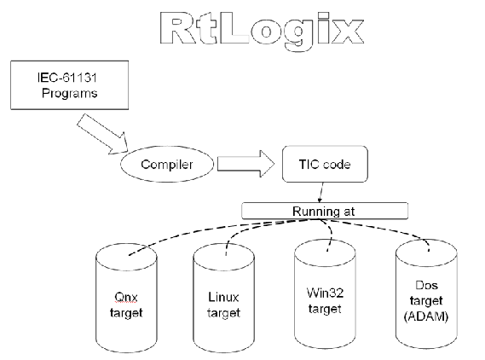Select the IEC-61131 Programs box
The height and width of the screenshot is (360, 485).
pyautogui.click(x=70, y=85)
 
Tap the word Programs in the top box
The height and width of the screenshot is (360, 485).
pyautogui.click(x=70, y=93)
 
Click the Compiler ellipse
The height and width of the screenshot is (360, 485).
pyautogui.click(x=167, y=164)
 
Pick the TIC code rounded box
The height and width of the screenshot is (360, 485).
pyautogui.click(x=325, y=164)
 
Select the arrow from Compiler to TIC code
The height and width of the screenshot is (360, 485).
pyautogui.click(x=245, y=164)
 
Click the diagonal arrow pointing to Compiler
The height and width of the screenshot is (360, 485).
pyautogui.click(x=102, y=134)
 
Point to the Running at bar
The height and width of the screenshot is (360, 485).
pyautogui.click(x=325, y=211)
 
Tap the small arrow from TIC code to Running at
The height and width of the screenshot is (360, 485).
pyautogui.click(x=321, y=193)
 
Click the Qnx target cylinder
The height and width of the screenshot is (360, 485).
pyautogui.click(x=126, y=298)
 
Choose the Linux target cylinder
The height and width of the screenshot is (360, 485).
pyautogui.click(x=223, y=298)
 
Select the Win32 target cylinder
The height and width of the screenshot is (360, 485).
pyautogui.click(x=325, y=294)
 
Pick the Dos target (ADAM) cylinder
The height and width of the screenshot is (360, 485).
pyautogui.click(x=426, y=294)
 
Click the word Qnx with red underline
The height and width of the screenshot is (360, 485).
pyautogui.click(x=126, y=297)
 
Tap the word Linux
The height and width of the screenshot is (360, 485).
pyautogui.click(x=223, y=297)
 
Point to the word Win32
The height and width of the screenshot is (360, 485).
pyautogui.click(x=325, y=293)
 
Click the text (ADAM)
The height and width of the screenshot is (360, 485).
pyautogui.click(x=426, y=316)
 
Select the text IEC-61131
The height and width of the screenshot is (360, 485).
pyautogui.click(x=67, y=78)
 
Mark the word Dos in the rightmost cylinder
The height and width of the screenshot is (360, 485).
pyautogui.click(x=426, y=285)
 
